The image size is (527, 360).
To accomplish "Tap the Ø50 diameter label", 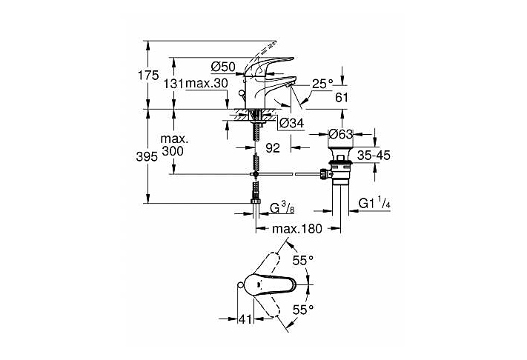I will pyautogui.click(x=223, y=67).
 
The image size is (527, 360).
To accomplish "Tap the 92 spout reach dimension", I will pyautogui.click(x=272, y=148).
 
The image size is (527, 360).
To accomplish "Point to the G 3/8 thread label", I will pyautogui.click(x=284, y=205).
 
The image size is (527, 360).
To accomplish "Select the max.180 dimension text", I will pyautogui.click(x=297, y=230).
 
